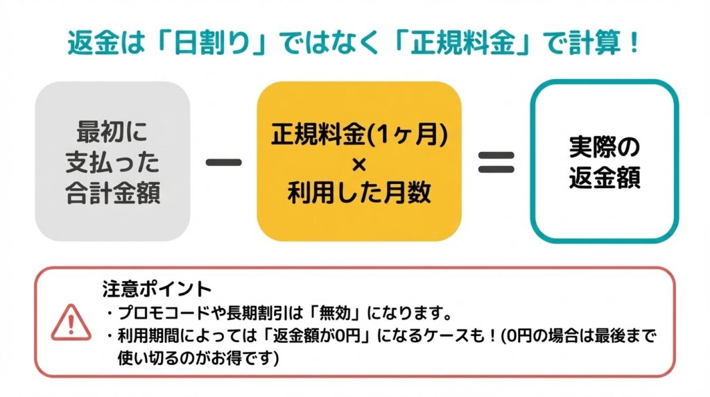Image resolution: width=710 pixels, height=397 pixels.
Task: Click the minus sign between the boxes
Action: [x=224, y=162]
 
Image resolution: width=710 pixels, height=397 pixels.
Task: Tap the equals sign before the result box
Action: [x=496, y=162]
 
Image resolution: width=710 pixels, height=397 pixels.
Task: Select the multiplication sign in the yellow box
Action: [x=359, y=164]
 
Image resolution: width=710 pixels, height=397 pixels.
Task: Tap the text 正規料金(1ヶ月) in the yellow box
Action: [x=359, y=135]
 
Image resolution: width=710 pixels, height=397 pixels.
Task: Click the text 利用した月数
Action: [x=359, y=193]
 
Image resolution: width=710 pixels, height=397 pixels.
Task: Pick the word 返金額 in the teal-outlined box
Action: [x=604, y=178]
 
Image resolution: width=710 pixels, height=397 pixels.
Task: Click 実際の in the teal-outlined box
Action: [x=604, y=148]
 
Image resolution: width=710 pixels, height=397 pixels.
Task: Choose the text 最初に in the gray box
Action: [x=112, y=133]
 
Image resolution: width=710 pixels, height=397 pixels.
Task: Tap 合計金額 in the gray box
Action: [x=112, y=192]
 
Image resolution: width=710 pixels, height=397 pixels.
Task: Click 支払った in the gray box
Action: [x=112, y=162]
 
